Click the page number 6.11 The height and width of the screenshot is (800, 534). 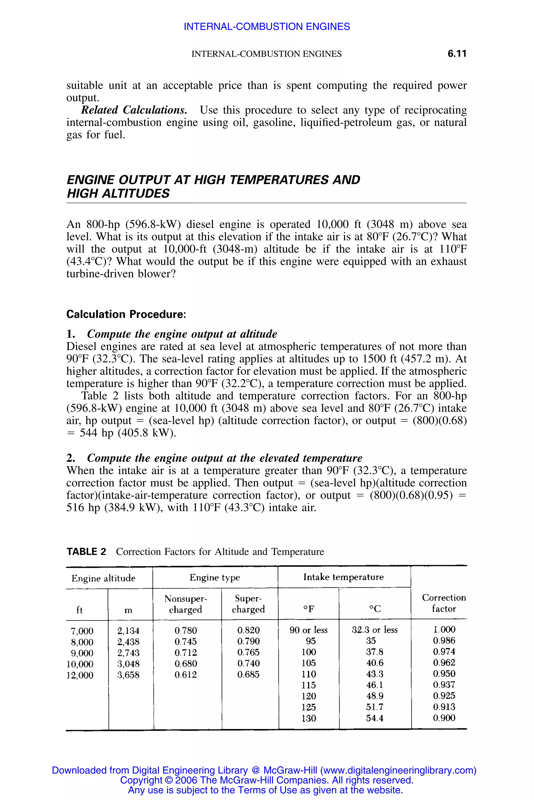coord(457,54)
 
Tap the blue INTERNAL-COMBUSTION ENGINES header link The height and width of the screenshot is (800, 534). coord(267,27)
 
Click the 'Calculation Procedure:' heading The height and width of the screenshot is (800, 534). coord(126,314)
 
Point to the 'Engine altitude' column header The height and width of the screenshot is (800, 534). coord(103,578)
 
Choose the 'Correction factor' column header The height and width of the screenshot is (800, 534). coord(444,603)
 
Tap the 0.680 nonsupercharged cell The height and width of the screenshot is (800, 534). coord(186,664)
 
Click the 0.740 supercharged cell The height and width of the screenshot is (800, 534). coord(248,663)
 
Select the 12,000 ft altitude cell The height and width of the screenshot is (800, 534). coord(80,675)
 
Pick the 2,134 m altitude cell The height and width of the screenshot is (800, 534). coord(128,631)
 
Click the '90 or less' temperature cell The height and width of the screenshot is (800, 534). coord(308,630)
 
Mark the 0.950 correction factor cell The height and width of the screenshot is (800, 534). coord(444,673)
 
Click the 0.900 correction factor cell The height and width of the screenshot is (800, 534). coord(444,718)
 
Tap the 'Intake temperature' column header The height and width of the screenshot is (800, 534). coord(343,577)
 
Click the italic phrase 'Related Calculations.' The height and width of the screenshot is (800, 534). coord(134,110)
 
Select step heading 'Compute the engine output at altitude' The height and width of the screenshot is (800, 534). coord(182,334)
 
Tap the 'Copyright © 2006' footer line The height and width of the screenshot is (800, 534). coord(267,780)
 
